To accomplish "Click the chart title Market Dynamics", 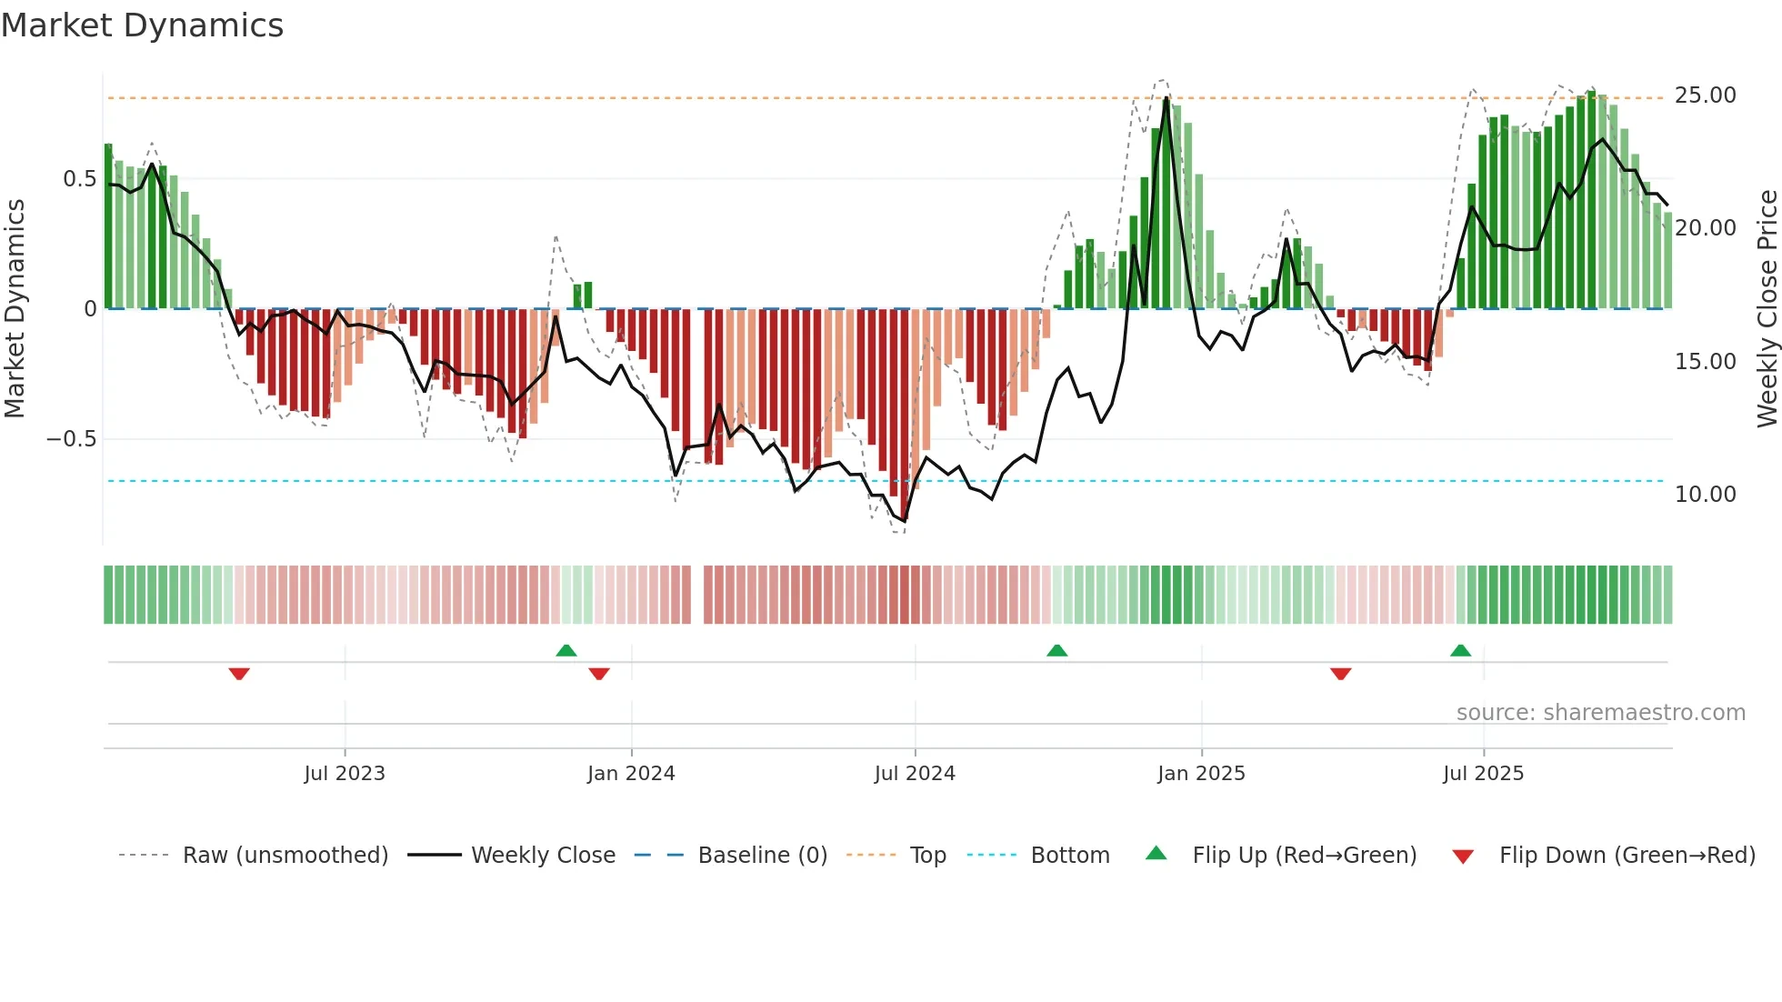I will point(143,25).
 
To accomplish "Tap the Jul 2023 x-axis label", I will point(345,774).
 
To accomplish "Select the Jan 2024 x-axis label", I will point(631,774).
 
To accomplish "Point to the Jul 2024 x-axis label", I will point(915,774).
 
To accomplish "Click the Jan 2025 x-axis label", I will point(1201,774).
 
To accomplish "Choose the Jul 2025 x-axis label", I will point(1483,774).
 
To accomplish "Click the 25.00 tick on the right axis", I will point(1705,95).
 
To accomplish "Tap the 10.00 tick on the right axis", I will point(1705,495).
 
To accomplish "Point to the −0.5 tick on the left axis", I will point(71,439).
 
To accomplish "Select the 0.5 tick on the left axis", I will point(79,179).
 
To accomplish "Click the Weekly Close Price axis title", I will point(1767,308).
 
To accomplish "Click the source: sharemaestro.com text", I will point(1600,713).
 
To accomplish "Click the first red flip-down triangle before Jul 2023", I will point(239,674).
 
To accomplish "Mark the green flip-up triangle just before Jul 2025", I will point(1460,650).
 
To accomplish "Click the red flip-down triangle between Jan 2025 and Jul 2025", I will point(1340,674).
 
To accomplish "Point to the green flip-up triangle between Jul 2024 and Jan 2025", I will point(1056,650).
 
